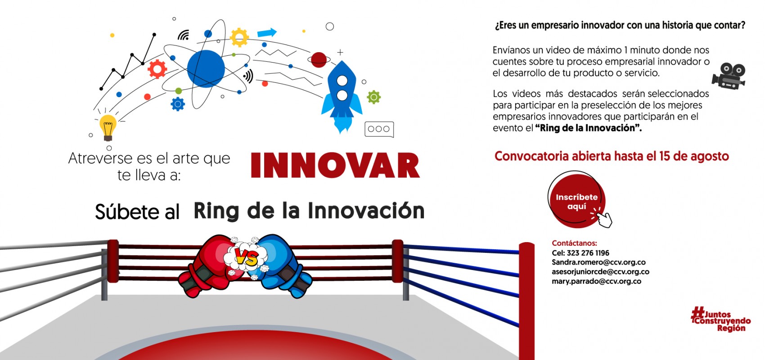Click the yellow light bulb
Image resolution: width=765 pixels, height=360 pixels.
click(108, 127)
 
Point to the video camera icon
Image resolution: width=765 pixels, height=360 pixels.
click(729, 76)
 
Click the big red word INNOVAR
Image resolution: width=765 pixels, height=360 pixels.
click(335, 165)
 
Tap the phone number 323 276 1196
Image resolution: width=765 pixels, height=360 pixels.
click(588, 253)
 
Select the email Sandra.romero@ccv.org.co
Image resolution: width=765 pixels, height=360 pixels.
click(598, 262)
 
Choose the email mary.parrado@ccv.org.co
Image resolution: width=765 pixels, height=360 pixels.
click(596, 281)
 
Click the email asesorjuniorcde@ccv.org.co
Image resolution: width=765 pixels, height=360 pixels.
click(600, 272)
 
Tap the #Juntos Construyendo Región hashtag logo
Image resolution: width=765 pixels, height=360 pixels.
click(720, 319)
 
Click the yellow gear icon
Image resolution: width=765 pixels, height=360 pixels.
click(239, 37)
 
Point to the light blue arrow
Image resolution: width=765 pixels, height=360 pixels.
click(267, 33)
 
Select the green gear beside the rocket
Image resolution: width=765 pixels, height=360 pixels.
click(373, 97)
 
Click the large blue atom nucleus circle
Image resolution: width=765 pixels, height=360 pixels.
click(206, 69)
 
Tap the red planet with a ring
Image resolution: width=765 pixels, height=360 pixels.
click(319, 60)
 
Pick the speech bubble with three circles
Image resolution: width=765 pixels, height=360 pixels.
click(379, 129)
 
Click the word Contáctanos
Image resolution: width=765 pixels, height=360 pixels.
click(575, 243)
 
